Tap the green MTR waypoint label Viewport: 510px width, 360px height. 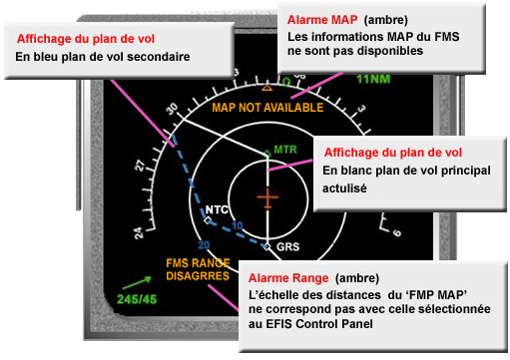pos(285,150)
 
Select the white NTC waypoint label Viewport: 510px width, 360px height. pos(217,210)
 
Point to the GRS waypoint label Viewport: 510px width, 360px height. pos(287,245)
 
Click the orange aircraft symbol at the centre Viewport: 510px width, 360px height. pos(266,197)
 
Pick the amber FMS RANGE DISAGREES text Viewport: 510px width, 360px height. pos(198,269)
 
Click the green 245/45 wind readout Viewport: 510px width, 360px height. pos(138,298)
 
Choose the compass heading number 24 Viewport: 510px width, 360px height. pos(138,232)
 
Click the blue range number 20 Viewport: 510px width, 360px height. pos(204,244)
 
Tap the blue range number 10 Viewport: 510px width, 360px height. pos(238,226)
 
